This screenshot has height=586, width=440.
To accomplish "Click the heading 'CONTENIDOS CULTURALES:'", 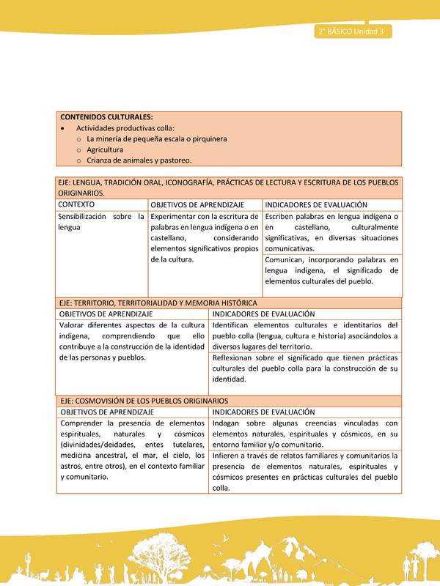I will click(106, 117).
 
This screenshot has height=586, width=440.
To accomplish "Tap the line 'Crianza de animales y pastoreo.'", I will click(139, 160).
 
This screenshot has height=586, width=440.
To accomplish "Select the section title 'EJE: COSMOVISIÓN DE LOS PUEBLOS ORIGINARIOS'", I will click(144, 401).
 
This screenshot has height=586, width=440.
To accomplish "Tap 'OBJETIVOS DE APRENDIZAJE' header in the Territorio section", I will click(107, 314).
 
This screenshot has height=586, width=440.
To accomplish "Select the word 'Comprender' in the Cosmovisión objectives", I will click(81, 423).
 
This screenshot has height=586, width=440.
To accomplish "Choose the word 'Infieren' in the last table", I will click(227, 455).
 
